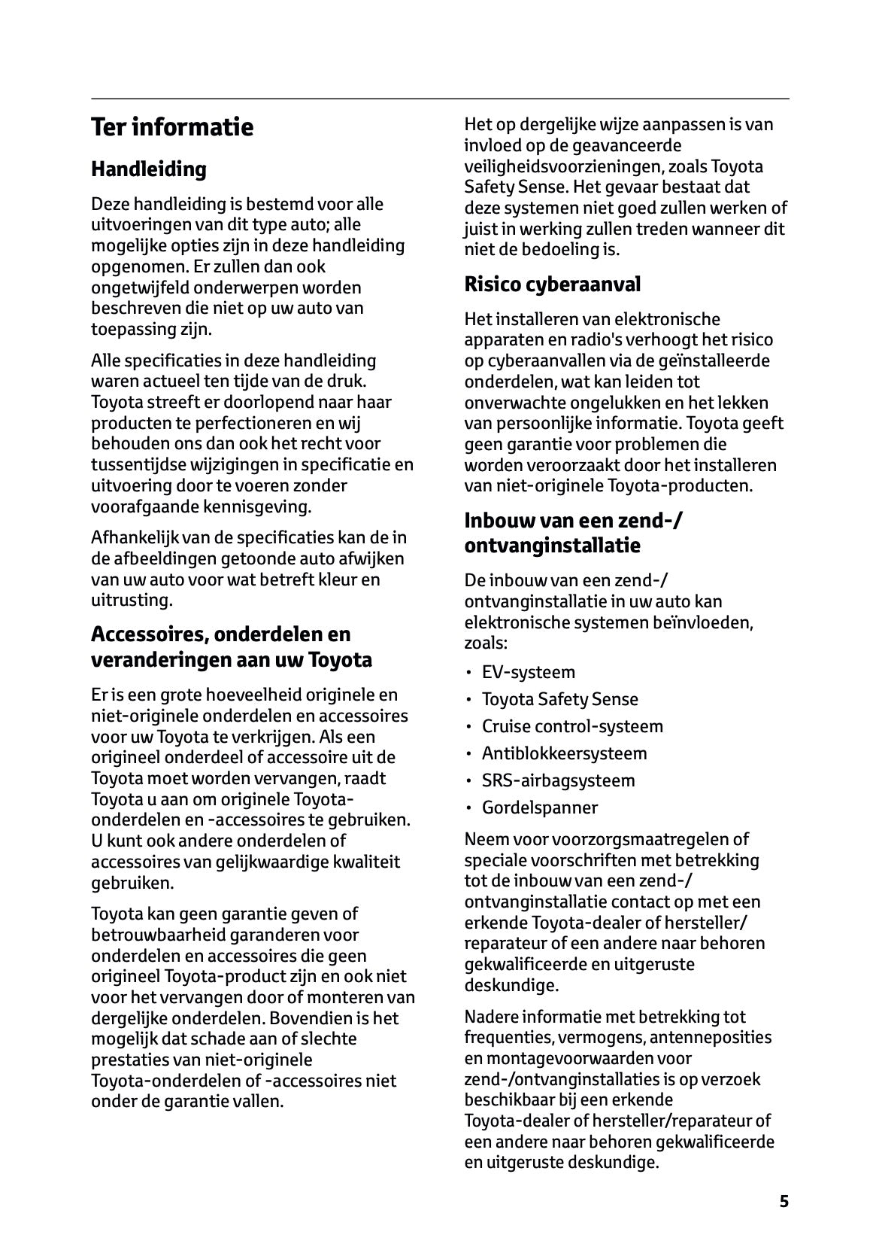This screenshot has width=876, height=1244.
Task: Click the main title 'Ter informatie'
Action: pos(172,126)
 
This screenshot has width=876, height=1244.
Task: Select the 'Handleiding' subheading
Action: pos(149,169)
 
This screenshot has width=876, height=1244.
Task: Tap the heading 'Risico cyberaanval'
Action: pos(553,284)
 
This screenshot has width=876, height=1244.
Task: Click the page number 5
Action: pos(784,1201)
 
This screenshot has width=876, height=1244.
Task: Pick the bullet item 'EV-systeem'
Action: pos(528,672)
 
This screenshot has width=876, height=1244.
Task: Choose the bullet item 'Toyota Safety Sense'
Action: pos(559,699)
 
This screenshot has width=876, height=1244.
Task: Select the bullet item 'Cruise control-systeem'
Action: pos(572,726)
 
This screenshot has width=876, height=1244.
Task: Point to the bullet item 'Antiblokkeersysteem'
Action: pos(564,753)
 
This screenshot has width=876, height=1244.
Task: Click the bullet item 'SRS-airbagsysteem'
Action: pos(558,780)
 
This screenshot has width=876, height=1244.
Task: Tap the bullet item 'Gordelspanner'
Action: pos(540,808)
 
